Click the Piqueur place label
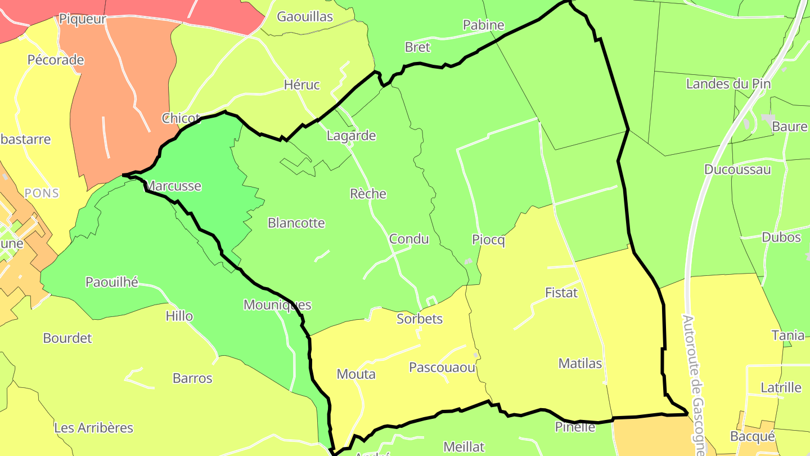click(x=83, y=19)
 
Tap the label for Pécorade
click(x=56, y=60)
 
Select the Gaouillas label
click(x=305, y=17)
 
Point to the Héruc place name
click(x=302, y=85)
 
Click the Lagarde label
click(x=352, y=136)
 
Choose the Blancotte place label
click(x=296, y=223)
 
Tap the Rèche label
click(x=368, y=194)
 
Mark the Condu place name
click(x=409, y=239)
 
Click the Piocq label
click(x=488, y=240)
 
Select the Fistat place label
click(x=561, y=293)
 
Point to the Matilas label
click(x=580, y=364)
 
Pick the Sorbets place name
click(x=420, y=319)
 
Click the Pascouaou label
click(x=442, y=368)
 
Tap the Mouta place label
click(x=356, y=374)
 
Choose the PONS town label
click(x=42, y=193)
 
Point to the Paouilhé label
click(x=112, y=283)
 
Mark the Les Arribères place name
click(x=94, y=428)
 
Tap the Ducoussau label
click(x=737, y=170)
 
